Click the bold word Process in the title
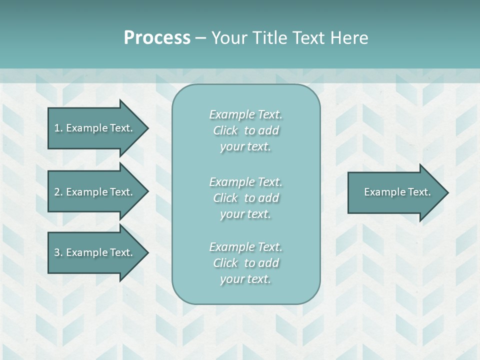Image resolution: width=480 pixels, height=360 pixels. (x=157, y=38)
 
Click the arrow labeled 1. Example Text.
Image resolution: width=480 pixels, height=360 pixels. (x=95, y=128)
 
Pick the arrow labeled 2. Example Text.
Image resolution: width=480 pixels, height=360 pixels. (x=95, y=192)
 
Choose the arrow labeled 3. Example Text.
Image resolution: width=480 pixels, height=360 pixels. (x=95, y=252)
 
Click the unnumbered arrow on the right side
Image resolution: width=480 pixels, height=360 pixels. (x=395, y=192)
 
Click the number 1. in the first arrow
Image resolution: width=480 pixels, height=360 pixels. (x=58, y=128)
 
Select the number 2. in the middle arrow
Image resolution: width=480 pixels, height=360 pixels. (x=58, y=192)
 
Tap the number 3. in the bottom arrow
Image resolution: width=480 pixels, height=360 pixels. (x=58, y=252)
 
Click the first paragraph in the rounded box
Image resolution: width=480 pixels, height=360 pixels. (x=245, y=130)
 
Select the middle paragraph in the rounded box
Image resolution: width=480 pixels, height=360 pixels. (x=245, y=198)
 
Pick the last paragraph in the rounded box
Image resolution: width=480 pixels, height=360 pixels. (x=245, y=263)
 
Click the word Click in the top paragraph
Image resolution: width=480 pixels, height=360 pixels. (x=225, y=130)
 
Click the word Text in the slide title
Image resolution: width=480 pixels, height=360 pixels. (x=308, y=38)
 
